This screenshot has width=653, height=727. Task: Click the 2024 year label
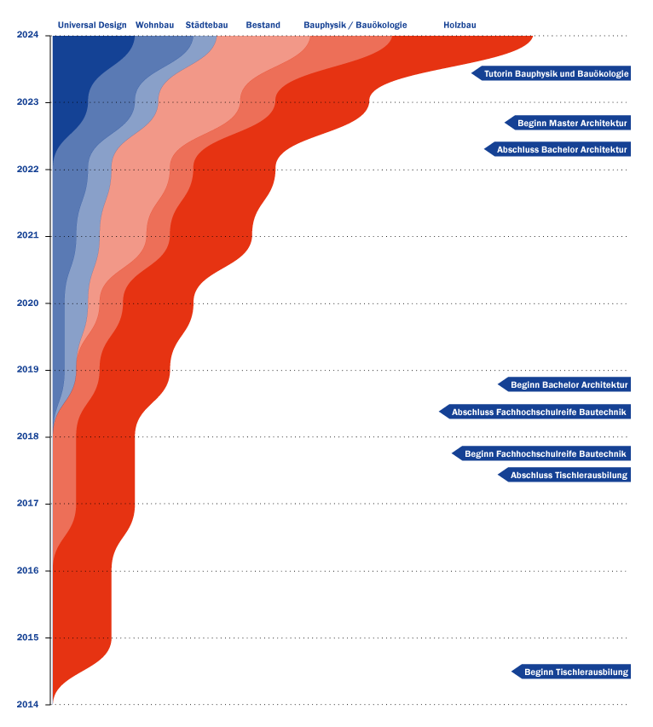point(27,35)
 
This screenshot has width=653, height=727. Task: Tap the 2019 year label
point(27,370)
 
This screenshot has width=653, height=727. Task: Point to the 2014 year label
point(27,704)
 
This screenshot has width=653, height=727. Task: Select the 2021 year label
point(27,235)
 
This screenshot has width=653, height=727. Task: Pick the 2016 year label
point(27,570)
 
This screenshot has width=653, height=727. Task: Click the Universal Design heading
point(92,26)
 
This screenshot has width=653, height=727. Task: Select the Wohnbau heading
point(154,26)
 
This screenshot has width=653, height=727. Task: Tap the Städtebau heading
point(206,26)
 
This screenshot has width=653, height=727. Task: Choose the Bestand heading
point(263,26)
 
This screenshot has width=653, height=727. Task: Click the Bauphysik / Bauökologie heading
point(355,26)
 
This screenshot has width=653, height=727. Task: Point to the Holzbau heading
point(459,26)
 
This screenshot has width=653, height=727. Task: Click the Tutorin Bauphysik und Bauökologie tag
point(555,74)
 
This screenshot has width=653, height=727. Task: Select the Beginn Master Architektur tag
point(571,124)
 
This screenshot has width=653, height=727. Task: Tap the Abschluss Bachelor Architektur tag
point(561,150)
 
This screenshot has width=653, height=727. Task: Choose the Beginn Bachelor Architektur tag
point(568,385)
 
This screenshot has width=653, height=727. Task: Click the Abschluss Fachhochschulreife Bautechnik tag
point(538,413)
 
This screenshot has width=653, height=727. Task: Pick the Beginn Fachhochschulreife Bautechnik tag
point(545,454)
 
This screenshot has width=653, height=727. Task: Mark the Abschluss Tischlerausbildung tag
point(568,476)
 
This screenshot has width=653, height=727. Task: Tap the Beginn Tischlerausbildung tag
point(575,672)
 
